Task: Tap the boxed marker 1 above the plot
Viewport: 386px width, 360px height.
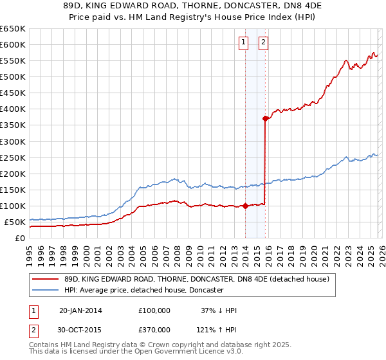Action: click(244, 43)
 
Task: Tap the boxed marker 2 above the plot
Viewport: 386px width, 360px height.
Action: click(264, 43)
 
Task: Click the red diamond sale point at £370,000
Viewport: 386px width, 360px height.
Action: click(265, 118)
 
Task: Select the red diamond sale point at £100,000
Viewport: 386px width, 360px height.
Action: click(245, 206)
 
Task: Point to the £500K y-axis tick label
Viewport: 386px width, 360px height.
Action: click(12, 76)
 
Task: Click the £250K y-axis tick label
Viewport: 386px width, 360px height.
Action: click(12, 157)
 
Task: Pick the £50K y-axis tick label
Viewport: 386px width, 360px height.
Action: click(14, 222)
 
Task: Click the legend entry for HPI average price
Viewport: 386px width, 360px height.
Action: click(143, 291)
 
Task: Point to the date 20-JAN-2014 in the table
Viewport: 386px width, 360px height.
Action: click(80, 310)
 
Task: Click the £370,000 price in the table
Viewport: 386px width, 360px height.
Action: click(154, 329)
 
